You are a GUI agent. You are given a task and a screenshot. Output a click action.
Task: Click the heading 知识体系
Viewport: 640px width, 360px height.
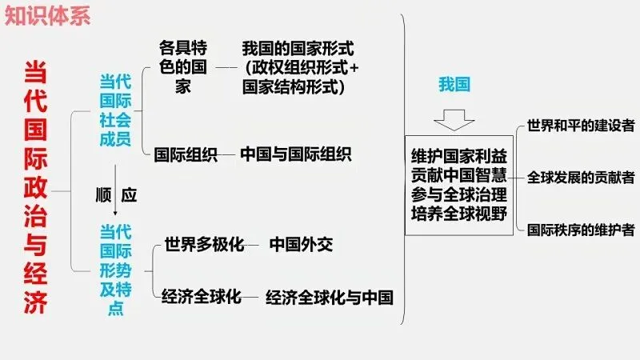pyautogui.click(x=46, y=15)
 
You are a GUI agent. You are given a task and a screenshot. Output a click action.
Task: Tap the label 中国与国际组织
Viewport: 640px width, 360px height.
pyautogui.click(x=296, y=154)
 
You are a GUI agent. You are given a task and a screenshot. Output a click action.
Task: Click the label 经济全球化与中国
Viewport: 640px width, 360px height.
pyautogui.click(x=330, y=298)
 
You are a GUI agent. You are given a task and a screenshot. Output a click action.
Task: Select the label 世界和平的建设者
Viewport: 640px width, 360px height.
pyautogui.click(x=581, y=126)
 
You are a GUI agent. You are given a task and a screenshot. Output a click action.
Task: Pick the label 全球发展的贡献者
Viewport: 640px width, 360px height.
pyautogui.click(x=581, y=178)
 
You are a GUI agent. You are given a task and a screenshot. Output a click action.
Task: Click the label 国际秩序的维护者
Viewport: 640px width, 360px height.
pyautogui.click(x=581, y=230)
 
